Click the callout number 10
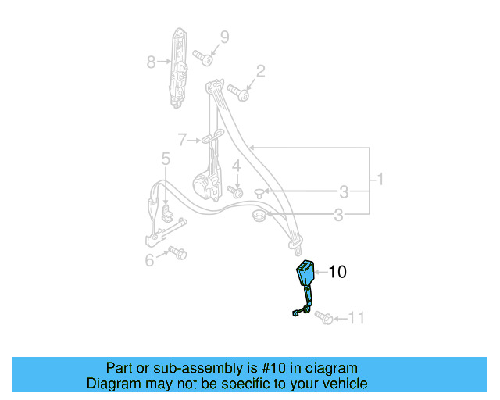point(337,272)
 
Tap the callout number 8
point(152,62)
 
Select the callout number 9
point(224,37)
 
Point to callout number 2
point(261,72)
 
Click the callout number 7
point(182,141)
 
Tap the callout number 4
point(235,166)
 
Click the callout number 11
point(356,317)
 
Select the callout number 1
point(380,180)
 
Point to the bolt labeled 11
point(327,318)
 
